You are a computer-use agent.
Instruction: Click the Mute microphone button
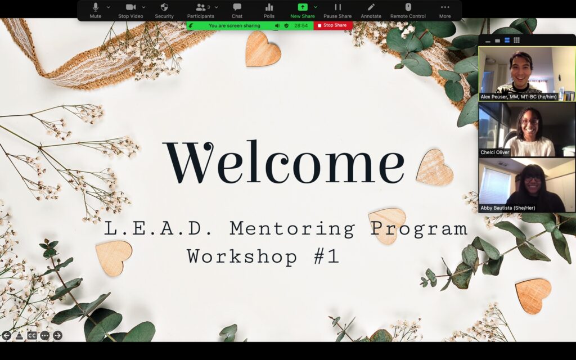tap(96, 10)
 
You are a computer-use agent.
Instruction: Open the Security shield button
tap(164, 10)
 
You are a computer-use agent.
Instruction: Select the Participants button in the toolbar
tap(201, 10)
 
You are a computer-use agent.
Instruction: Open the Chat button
tap(237, 10)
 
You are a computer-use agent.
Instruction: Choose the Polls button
tap(269, 10)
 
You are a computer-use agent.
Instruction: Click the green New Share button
tap(302, 10)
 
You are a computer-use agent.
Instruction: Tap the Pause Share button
tap(337, 10)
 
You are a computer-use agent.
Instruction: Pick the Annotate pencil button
tap(371, 10)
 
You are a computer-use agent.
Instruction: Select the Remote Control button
tap(408, 10)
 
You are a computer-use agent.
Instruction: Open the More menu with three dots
tap(445, 10)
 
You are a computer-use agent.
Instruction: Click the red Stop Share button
tap(332, 25)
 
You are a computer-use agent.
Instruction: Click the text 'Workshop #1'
tap(263, 256)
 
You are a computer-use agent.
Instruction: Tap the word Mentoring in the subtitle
tap(292, 228)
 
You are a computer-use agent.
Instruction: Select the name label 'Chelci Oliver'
tap(495, 152)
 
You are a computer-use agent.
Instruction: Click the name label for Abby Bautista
tap(508, 208)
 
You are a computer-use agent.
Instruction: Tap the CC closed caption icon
tap(32, 335)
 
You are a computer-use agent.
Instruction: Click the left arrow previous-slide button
tap(6, 335)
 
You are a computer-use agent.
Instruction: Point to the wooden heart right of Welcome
tap(435, 167)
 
